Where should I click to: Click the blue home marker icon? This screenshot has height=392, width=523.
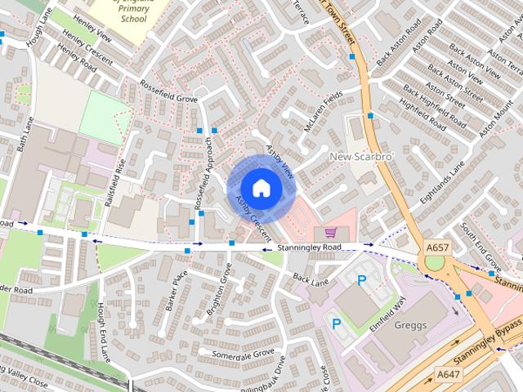click(261, 188)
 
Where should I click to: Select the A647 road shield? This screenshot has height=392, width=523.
click(447, 374)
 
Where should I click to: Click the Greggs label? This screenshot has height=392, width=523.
click(409, 325)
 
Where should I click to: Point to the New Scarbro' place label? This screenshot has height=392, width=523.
click(362, 156)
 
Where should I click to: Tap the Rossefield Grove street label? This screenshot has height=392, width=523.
click(169, 93)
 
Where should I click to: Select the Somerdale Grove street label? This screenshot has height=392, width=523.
click(243, 353)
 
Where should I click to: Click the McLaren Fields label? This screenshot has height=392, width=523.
click(322, 113)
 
